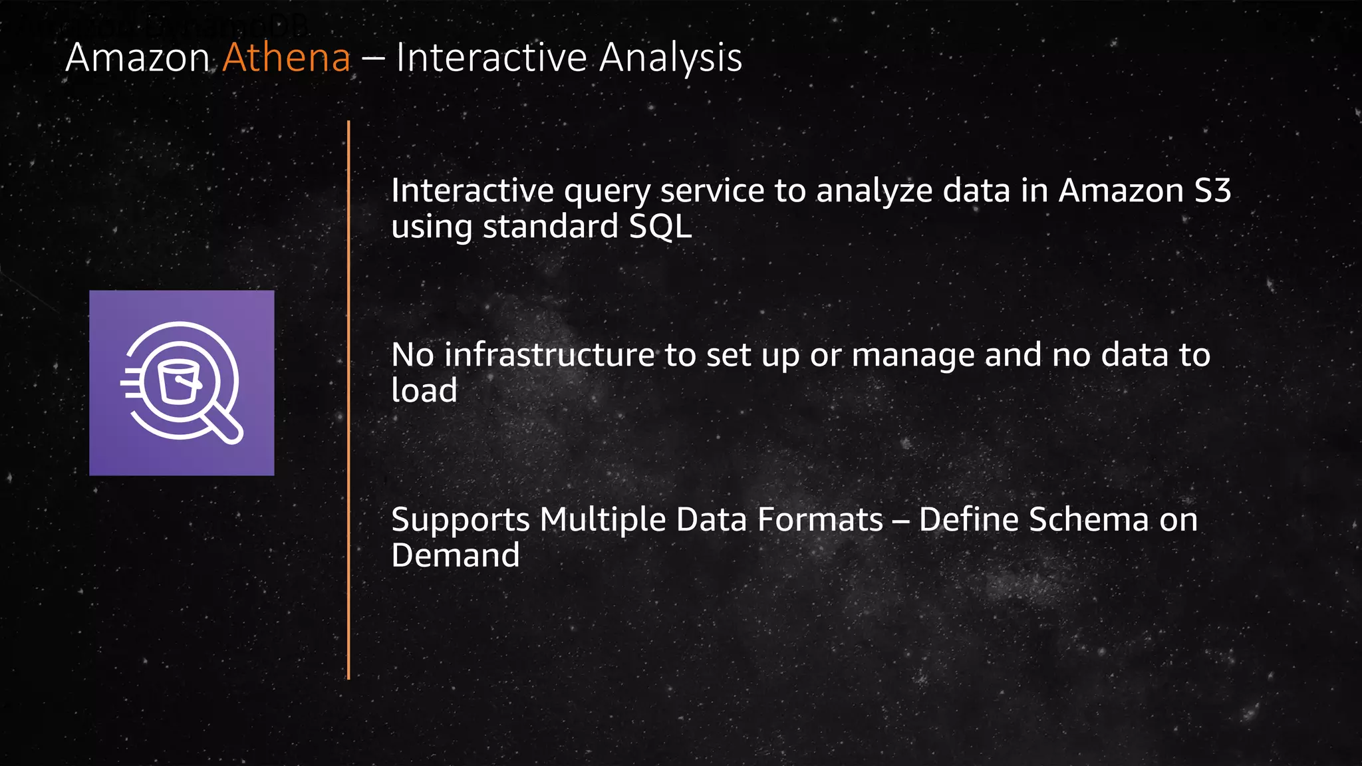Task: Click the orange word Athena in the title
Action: pos(287,58)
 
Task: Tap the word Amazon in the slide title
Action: pos(138,58)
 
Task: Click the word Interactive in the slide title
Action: pos(491,58)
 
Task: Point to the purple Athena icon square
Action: pos(182,383)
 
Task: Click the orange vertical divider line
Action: pos(348,399)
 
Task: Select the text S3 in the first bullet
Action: pos(1212,191)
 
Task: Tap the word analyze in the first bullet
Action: pos(874,192)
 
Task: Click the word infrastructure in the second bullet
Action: pos(549,354)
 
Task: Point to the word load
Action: pos(424,390)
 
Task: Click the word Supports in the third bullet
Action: pos(460,521)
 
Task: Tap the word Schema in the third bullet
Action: pos(1088,519)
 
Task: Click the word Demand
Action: pos(456,555)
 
